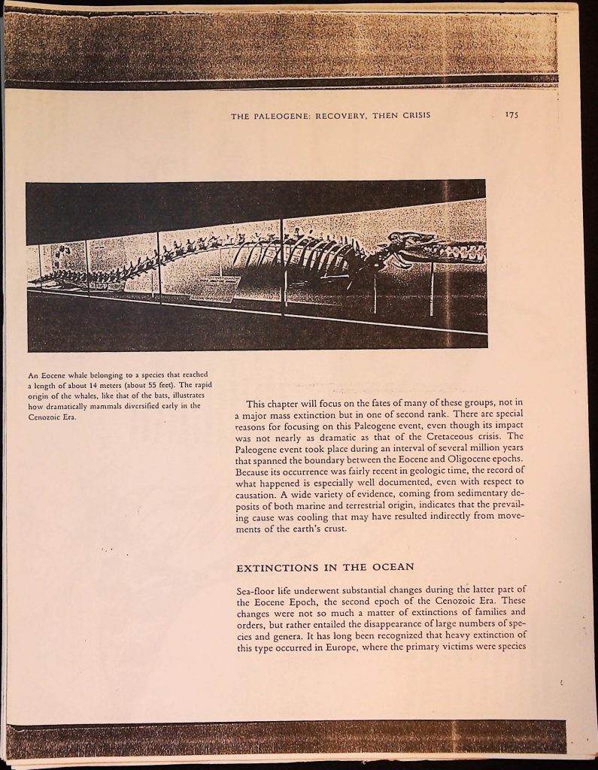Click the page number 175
[512, 115]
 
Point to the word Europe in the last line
[340, 648]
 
